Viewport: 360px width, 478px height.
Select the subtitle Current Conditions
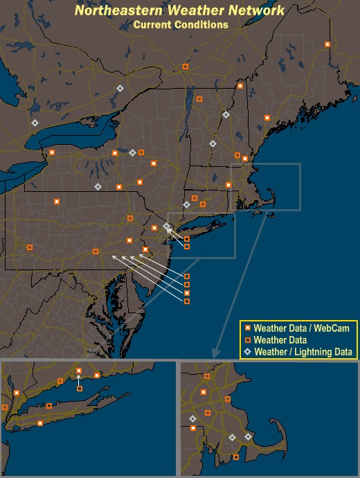(x=181, y=24)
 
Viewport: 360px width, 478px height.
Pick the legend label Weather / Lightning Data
(x=304, y=352)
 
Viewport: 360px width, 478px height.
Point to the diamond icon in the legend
(x=247, y=352)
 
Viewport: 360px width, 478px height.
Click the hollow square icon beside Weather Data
(x=247, y=340)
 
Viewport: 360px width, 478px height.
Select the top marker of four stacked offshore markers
(x=187, y=276)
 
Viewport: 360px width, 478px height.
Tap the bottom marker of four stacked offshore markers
(x=187, y=301)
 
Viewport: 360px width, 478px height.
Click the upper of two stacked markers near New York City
(x=187, y=239)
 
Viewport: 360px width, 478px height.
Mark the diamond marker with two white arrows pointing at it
(x=166, y=226)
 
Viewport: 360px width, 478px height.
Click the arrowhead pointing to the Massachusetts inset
(x=215, y=353)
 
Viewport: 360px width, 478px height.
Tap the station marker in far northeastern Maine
(x=327, y=44)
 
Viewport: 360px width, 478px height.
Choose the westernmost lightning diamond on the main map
(x=35, y=123)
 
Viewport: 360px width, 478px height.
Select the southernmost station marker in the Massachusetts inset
(x=237, y=457)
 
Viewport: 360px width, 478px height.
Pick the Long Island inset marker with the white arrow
(x=80, y=389)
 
